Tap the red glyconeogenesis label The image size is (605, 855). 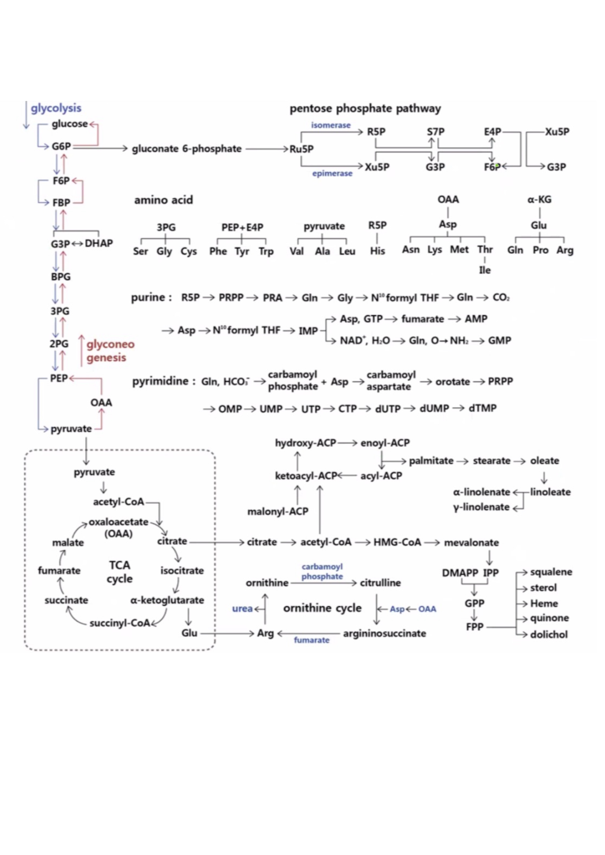tap(110, 351)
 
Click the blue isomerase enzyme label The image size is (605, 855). tap(331, 125)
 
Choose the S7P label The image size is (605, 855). tap(435, 132)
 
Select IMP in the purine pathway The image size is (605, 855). tap(308, 331)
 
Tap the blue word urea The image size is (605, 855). tap(242, 609)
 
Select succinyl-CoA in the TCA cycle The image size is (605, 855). tap(120, 623)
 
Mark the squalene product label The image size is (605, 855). tap(551, 572)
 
